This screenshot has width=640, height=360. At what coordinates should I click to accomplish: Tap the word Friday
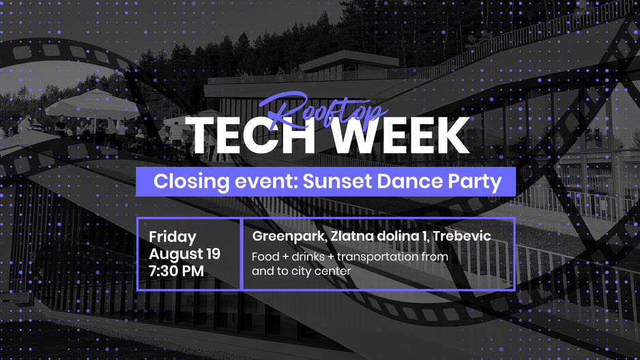click(x=173, y=237)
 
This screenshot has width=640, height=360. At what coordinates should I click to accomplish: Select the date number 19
click(x=213, y=254)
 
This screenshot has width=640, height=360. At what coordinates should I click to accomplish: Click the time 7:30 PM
click(x=176, y=271)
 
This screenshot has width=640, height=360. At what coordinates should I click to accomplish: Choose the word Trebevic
click(x=462, y=236)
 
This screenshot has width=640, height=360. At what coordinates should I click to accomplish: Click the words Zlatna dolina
click(x=374, y=236)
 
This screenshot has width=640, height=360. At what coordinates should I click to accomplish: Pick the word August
click(x=175, y=254)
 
